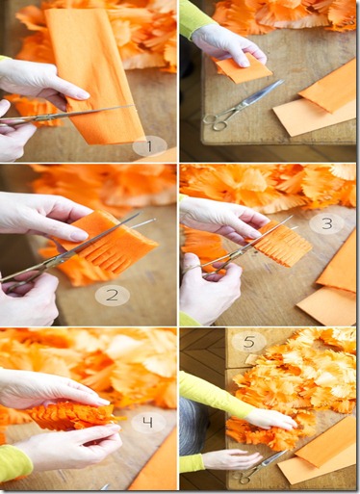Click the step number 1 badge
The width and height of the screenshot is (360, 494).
(150, 146)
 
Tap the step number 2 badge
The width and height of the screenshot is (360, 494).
(113, 296)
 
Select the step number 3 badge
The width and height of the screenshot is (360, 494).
(326, 223)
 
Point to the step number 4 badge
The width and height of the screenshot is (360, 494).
(148, 423)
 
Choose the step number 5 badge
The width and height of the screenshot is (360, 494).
(249, 342)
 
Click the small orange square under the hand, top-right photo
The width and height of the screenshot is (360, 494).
(243, 68)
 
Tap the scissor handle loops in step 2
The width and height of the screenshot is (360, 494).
(19, 281)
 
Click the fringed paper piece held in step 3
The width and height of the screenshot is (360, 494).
(280, 243)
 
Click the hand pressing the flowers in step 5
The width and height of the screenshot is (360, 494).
(271, 420)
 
